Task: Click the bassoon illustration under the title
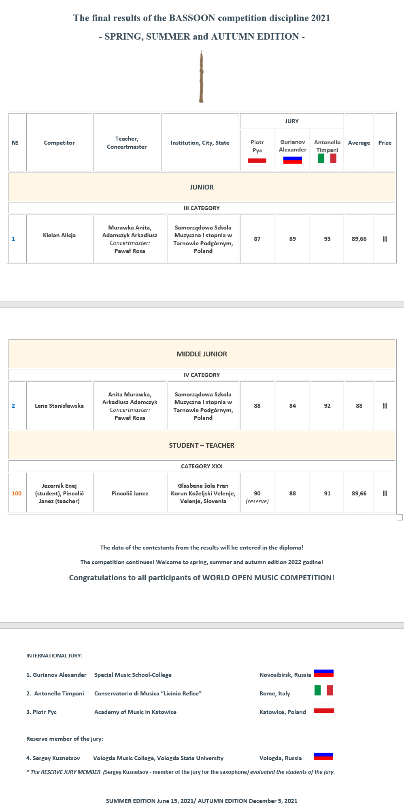click(201, 77)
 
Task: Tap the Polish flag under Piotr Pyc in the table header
click(257, 160)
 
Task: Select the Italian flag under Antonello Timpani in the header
click(327, 158)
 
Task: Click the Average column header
click(359, 143)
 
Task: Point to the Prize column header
click(385, 143)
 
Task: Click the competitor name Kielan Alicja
click(59, 235)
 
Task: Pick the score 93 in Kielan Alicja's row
click(327, 239)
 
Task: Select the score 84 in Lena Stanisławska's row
click(292, 406)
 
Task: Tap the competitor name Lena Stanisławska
click(59, 406)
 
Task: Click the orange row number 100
click(17, 493)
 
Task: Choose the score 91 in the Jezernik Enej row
click(327, 493)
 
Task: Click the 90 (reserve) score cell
click(257, 497)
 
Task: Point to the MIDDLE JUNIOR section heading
click(202, 354)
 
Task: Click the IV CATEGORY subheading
click(202, 375)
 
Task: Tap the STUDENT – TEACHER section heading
click(202, 445)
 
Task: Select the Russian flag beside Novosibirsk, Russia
click(323, 673)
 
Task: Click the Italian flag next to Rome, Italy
click(324, 690)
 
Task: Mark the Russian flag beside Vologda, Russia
click(323, 756)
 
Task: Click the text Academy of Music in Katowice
click(135, 712)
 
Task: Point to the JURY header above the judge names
click(291, 121)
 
